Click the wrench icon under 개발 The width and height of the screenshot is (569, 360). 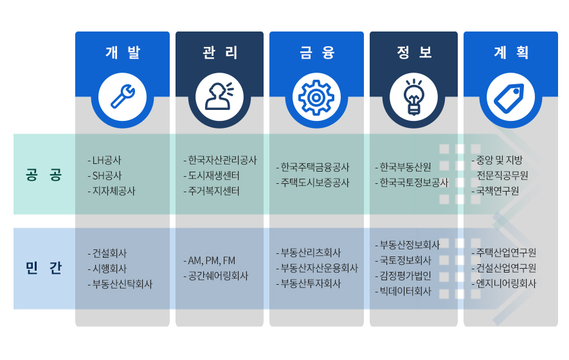pos(122,96)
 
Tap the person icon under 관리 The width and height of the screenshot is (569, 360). pos(219,96)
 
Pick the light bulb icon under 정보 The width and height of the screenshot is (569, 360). pos(413,96)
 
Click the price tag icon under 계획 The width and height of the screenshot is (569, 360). pos(510,96)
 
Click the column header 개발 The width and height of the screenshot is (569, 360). pos(122,53)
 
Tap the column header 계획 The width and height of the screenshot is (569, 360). pos(510,53)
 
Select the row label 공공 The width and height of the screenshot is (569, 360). pos(44,175)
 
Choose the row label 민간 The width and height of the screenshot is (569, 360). pos(44,268)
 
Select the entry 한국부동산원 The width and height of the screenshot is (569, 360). pos(404,167)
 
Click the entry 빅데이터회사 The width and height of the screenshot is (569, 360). pos(404,291)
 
